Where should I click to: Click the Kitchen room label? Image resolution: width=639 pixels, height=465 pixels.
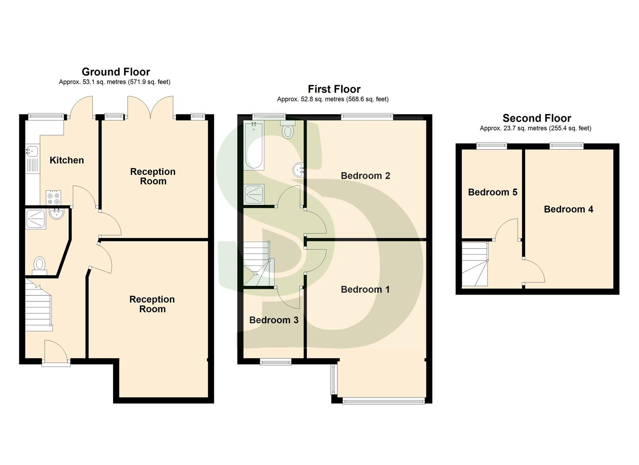67,160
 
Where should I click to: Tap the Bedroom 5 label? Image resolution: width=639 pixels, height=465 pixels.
492,192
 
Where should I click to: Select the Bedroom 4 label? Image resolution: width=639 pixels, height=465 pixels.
568,209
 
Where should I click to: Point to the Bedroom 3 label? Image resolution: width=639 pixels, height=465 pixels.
274,320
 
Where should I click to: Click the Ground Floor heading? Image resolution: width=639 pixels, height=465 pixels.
116,72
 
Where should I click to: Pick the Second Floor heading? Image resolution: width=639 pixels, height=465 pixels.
537,118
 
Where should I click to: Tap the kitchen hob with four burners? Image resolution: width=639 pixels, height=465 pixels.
54,197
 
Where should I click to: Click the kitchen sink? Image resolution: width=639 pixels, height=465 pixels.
32,151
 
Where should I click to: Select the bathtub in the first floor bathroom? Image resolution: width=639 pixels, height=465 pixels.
254,146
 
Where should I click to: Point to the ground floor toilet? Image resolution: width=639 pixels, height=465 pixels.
40,265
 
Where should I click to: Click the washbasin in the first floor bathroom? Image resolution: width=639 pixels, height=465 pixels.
299,170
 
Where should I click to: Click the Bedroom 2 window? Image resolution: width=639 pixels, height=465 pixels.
367,116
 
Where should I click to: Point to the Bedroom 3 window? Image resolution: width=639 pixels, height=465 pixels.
275,362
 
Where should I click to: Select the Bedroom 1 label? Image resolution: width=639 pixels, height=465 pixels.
365,289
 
